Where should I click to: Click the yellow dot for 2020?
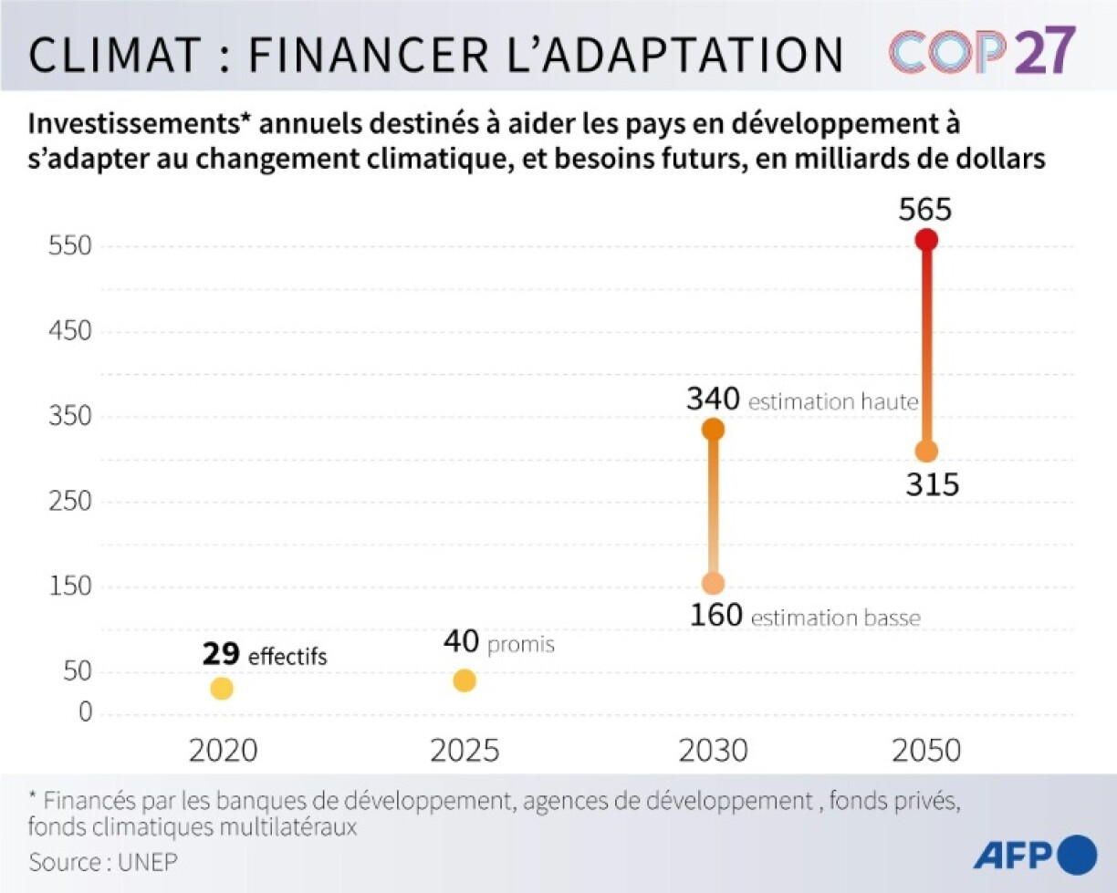pyautogui.click(x=222, y=689)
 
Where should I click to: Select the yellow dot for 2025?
pyautogui.click(x=465, y=680)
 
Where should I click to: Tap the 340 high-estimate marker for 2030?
pyautogui.click(x=714, y=429)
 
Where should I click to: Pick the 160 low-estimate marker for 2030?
pyautogui.click(x=714, y=583)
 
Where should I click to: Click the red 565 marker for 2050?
pyautogui.click(x=926, y=240)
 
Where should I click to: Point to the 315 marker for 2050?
pyautogui.click(x=926, y=452)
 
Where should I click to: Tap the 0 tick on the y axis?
pyautogui.click(x=84, y=711)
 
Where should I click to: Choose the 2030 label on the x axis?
pyautogui.click(x=713, y=751)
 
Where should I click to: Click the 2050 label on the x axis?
pyautogui.click(x=926, y=751)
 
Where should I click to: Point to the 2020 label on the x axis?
pyautogui.click(x=223, y=751)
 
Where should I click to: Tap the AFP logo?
pyautogui.click(x=1035, y=855)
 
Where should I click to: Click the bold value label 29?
pyautogui.click(x=221, y=653)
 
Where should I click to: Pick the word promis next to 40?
pyautogui.click(x=521, y=646)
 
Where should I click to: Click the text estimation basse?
pyautogui.click(x=836, y=618)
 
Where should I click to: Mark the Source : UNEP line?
pyautogui.click(x=103, y=861)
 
